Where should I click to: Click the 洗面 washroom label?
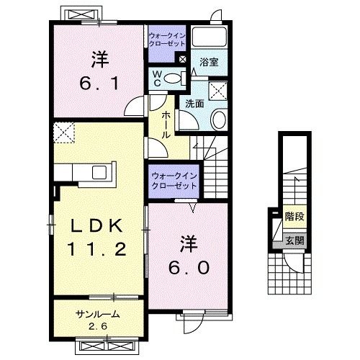tap(194, 103)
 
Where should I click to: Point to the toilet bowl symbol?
tap(172, 78)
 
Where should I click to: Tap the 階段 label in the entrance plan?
tap(293, 216)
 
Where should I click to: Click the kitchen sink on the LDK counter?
tap(97, 172)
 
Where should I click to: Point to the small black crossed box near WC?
tap(182, 60)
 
